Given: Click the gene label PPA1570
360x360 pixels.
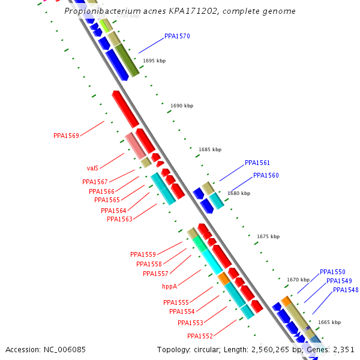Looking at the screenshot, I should (177, 37).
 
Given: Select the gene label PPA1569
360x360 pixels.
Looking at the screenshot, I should (66, 136).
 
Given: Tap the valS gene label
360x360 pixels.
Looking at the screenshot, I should (92, 169).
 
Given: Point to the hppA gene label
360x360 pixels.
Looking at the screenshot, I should (171, 287).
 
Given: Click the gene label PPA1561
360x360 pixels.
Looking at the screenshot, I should (257, 163).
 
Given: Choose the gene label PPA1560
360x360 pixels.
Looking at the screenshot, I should (266, 176).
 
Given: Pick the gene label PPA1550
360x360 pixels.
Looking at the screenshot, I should (332, 272).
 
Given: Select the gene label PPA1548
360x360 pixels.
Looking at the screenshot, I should (346, 290).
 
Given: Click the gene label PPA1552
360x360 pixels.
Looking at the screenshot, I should (200, 336).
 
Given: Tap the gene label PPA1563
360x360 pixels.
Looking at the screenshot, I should (119, 220).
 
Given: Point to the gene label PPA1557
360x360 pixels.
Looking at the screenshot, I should (155, 274).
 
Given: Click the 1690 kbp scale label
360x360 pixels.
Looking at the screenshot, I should (182, 106).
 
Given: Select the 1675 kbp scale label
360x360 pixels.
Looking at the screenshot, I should (268, 237).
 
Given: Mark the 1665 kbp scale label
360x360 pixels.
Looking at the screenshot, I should (329, 323).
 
